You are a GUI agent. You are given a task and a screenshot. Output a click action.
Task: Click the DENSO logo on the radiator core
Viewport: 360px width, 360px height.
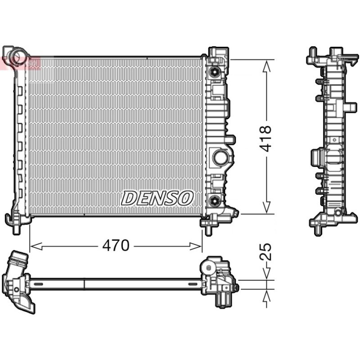click(x=157, y=198)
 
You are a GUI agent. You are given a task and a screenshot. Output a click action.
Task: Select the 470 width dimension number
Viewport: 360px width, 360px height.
click(x=116, y=245)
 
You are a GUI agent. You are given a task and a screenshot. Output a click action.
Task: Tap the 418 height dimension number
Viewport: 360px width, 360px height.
click(x=265, y=139)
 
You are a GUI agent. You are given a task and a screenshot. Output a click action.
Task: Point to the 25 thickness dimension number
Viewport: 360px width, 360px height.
click(x=265, y=252)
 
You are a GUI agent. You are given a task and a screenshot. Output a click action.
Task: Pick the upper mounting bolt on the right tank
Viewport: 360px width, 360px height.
click(x=215, y=72)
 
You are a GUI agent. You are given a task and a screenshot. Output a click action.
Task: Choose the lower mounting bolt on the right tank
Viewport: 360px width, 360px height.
click(x=215, y=201)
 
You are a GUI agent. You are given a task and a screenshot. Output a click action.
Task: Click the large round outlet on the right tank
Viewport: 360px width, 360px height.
click(x=220, y=157)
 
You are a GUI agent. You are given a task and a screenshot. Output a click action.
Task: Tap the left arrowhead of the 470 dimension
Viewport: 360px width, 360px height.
click(x=36, y=246)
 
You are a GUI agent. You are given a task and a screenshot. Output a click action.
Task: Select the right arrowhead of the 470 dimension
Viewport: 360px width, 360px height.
click(x=196, y=246)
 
